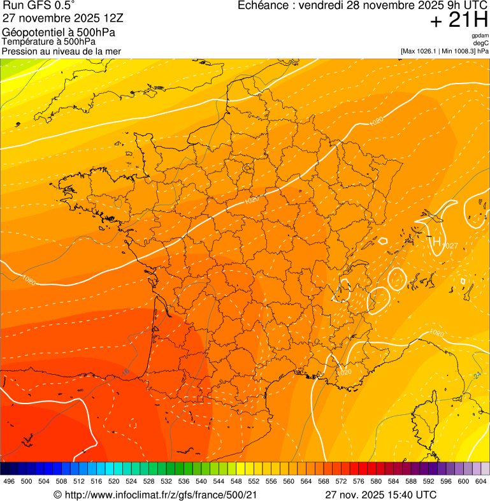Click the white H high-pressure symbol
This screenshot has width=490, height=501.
436,242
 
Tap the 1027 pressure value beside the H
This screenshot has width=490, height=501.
450,246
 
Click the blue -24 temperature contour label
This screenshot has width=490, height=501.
477,375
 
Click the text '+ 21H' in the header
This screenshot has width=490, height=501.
459,21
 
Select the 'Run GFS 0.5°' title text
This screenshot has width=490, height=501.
39,6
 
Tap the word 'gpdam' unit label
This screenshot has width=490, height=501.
480,36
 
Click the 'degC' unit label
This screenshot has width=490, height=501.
481,43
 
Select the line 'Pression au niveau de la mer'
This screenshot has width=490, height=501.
61,51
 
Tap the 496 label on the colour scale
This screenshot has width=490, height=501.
9,482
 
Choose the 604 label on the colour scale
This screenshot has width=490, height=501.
481,482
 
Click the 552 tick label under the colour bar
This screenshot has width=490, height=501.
254,482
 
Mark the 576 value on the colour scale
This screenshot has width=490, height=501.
359,482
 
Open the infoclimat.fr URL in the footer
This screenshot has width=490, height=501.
161,495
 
